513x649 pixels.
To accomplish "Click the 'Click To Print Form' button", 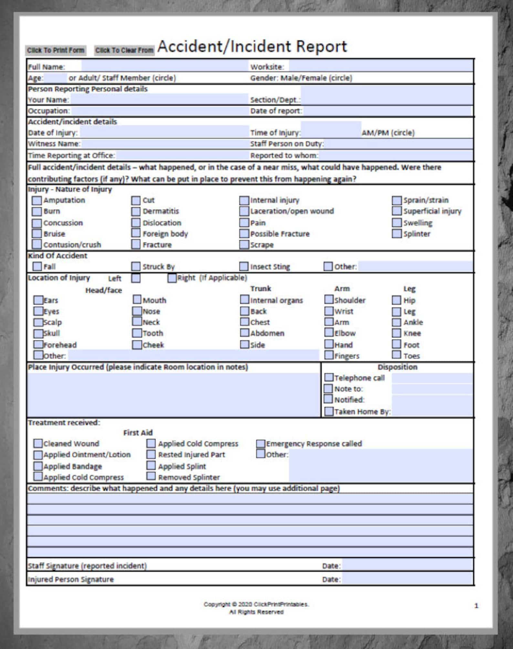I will click(56, 50).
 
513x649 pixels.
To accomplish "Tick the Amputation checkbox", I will click(37, 201).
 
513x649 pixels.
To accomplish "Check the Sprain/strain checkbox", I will click(397, 201).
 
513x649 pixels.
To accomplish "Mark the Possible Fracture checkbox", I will click(244, 233).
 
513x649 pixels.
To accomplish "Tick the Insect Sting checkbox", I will click(244, 266).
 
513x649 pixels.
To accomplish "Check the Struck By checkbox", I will click(136, 266).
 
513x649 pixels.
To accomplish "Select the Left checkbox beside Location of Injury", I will click(136, 278).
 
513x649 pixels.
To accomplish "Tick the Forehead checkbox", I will click(38, 345).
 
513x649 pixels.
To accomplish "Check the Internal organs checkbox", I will click(245, 300).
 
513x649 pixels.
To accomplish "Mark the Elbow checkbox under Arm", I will click(329, 333).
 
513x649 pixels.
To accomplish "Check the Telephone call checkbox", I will click(329, 377).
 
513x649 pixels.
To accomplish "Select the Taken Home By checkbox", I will click(329, 411).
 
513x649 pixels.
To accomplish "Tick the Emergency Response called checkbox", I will click(261, 444).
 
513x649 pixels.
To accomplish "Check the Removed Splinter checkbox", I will click(151, 476).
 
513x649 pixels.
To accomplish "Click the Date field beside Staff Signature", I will click(407, 565).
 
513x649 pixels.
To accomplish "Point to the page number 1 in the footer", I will click(476, 606).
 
